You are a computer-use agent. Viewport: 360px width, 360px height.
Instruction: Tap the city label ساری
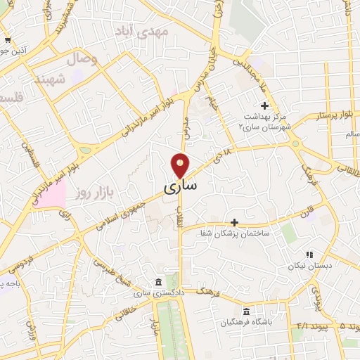click(x=181, y=188)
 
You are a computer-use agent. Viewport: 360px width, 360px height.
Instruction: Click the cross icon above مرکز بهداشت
click(x=264, y=105)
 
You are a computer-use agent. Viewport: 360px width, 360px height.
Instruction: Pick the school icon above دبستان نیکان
click(x=309, y=255)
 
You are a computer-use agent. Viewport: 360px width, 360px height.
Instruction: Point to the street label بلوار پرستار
click(x=333, y=114)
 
